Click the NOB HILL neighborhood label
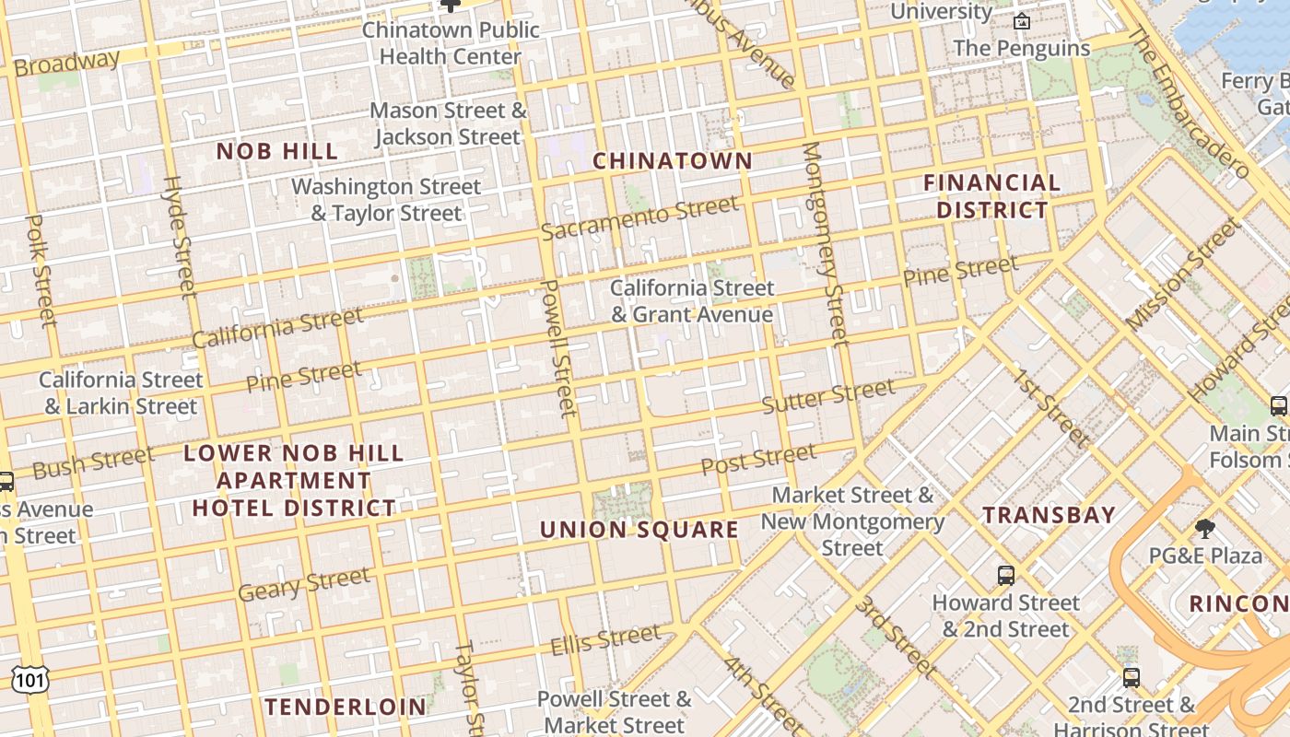point(277,151)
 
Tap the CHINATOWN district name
point(673,161)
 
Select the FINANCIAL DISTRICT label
point(992,196)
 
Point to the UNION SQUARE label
point(639,530)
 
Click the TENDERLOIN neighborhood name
point(346,708)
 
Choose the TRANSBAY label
point(1050,515)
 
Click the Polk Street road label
point(41,271)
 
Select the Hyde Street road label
point(181,238)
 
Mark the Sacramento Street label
point(639,217)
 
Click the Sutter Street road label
point(828,395)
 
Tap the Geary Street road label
point(304,584)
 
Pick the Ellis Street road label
point(605,639)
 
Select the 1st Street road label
point(1050,407)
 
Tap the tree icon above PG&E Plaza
point(1205,529)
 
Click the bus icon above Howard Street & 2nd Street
point(1006,576)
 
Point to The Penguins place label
point(1022,48)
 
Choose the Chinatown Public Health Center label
point(451,42)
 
